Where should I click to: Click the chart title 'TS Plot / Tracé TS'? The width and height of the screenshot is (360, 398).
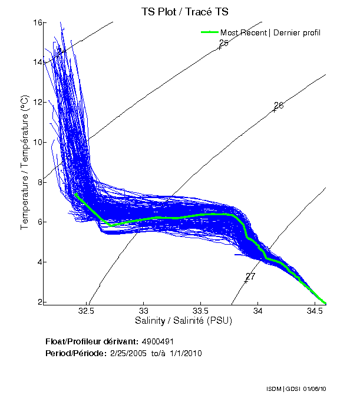tap(186, 11)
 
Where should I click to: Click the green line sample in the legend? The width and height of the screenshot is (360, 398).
tap(210, 32)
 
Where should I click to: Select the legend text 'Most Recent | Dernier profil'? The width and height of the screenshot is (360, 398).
tap(270, 32)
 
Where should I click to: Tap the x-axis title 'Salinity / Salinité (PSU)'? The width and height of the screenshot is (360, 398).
tap(184, 321)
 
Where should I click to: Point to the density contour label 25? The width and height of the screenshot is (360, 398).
tap(223, 43)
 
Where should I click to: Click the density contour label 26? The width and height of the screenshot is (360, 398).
tap(279, 106)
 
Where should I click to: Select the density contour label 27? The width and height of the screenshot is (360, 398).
tap(250, 276)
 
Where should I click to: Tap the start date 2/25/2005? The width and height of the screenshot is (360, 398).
tap(129, 353)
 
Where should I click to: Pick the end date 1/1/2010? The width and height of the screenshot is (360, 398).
tap(186, 353)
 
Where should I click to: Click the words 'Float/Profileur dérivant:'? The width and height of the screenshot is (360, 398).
tap(91, 341)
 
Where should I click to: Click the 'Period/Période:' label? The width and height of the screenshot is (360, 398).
tap(75, 353)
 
